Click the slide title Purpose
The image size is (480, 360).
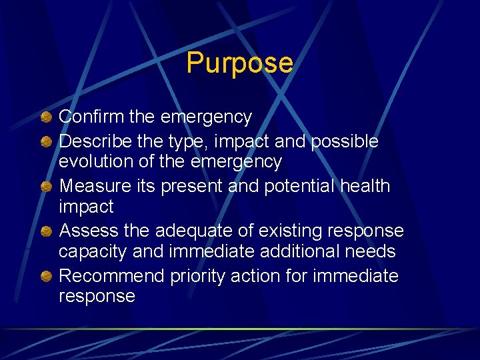coord(239,63)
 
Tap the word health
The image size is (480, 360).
coord(365,186)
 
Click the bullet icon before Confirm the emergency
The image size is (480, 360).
coord(45,118)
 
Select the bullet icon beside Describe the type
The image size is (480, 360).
coord(45,141)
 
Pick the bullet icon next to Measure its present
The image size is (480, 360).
coord(45,186)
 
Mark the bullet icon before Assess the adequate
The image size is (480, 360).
coord(45,231)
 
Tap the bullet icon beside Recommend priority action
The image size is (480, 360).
coord(45,276)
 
